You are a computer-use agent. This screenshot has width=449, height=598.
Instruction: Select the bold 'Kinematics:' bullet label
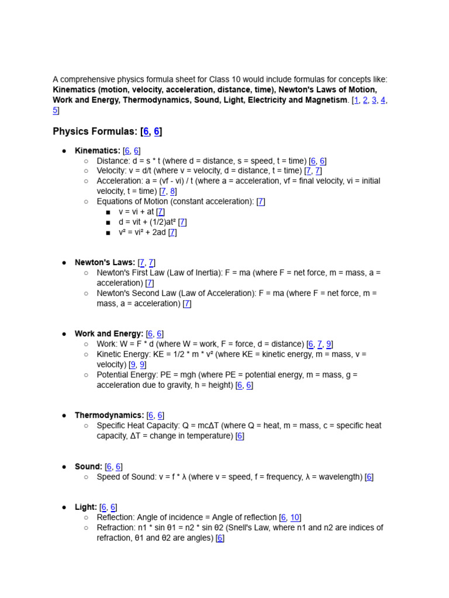(x=97, y=151)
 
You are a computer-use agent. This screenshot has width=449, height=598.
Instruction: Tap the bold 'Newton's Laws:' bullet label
(x=105, y=263)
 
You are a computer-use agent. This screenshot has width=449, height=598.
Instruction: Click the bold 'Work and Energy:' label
(x=109, y=334)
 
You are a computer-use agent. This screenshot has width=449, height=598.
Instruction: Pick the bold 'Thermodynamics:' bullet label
(x=109, y=415)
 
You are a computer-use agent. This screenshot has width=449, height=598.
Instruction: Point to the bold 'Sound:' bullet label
(x=88, y=467)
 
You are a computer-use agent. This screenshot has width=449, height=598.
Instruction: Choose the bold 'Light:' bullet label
(x=86, y=507)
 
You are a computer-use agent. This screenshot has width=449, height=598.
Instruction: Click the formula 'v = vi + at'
(x=137, y=212)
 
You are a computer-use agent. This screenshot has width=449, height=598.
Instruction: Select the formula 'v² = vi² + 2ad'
(x=142, y=232)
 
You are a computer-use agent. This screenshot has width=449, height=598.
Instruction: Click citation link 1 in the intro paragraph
(x=355, y=100)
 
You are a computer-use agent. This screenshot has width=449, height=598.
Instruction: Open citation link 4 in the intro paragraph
(x=383, y=100)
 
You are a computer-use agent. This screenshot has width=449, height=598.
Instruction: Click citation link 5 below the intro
(x=56, y=110)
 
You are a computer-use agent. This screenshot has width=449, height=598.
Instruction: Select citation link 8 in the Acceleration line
(x=172, y=192)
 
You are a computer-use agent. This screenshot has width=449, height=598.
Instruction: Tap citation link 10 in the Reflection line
(x=295, y=517)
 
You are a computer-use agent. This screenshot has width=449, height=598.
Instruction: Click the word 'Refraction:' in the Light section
(x=116, y=528)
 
